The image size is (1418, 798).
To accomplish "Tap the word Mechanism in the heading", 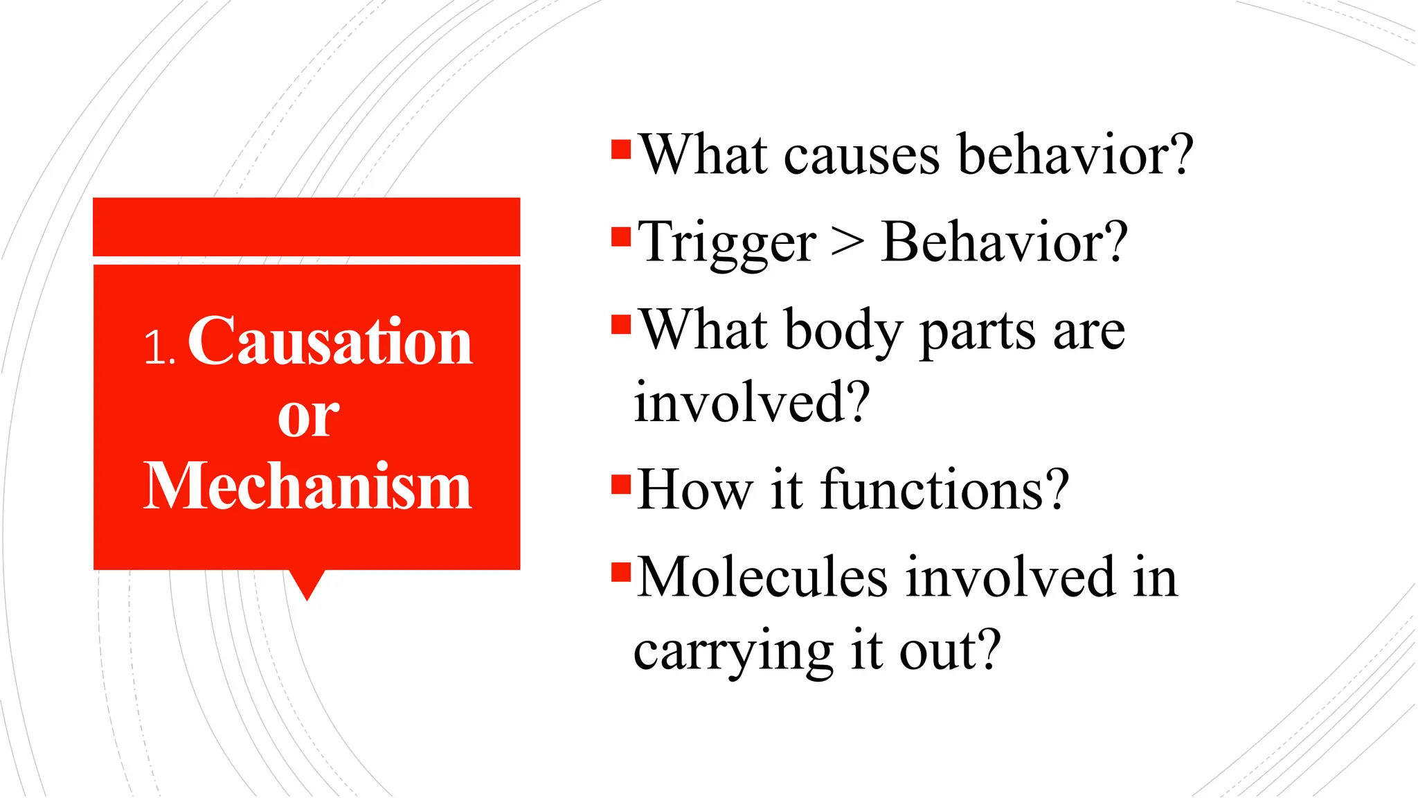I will pyautogui.click(x=307, y=486).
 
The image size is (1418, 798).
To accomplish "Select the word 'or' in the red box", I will pyautogui.click(x=308, y=417).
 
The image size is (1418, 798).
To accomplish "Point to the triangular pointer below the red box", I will pyautogui.click(x=307, y=584).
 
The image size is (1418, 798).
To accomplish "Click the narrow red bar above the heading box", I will pyautogui.click(x=306, y=227).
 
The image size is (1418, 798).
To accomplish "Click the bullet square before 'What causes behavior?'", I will pyautogui.click(x=621, y=150).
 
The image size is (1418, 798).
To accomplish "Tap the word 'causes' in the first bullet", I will pyautogui.click(x=861, y=155).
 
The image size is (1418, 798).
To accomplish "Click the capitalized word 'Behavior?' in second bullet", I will pyautogui.click(x=1004, y=242).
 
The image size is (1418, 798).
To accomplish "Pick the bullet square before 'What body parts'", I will pyautogui.click(x=621, y=324).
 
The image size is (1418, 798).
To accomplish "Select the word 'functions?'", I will pyautogui.click(x=944, y=490).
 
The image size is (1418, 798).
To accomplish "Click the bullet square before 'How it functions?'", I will pyautogui.click(x=621, y=483).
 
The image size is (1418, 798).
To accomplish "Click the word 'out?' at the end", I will pyautogui.click(x=949, y=651).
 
